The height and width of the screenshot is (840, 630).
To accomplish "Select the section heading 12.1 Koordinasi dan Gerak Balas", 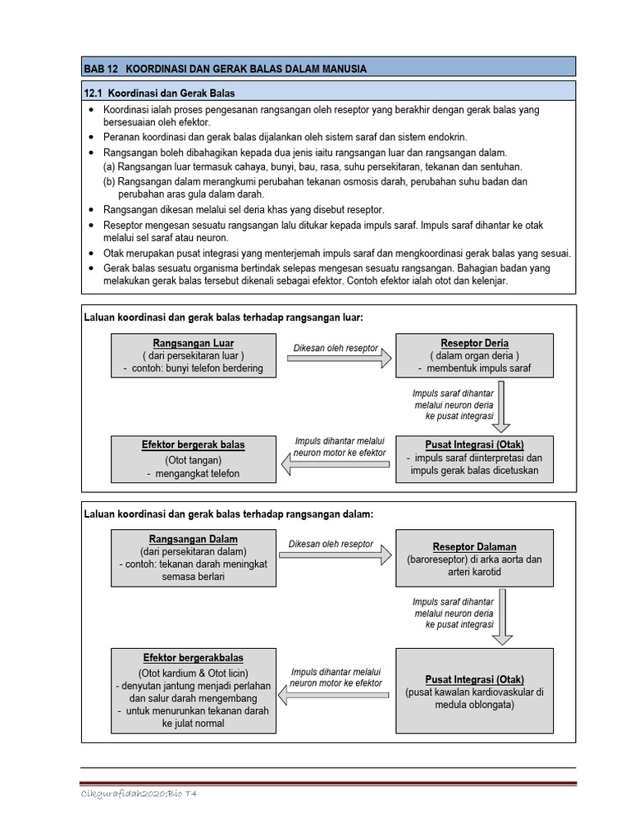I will point(160,93).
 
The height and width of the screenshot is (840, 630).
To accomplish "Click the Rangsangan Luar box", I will point(194,355).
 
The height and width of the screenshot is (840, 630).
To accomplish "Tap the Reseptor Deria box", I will point(474,355).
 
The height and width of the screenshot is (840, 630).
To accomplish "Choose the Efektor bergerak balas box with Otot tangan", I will point(194,459).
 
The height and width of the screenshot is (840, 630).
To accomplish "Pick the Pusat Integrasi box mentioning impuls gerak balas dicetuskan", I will point(474,459).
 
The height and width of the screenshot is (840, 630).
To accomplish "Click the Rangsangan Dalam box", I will point(194,558).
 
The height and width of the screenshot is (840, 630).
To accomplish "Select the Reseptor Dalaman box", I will point(474,559).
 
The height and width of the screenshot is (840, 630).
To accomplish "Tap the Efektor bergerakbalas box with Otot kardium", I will point(194,690).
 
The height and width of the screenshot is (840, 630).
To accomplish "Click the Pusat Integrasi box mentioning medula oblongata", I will point(474,690).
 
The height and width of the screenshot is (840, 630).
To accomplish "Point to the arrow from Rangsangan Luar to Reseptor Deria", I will point(339,359).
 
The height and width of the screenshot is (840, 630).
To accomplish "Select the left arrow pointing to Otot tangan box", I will point(335,465).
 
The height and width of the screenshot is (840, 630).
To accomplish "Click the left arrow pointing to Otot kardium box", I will point(335,696).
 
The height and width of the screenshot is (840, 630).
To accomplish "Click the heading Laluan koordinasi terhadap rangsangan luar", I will point(223,317).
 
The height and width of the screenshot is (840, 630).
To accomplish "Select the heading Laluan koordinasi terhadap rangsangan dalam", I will point(228,514).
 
